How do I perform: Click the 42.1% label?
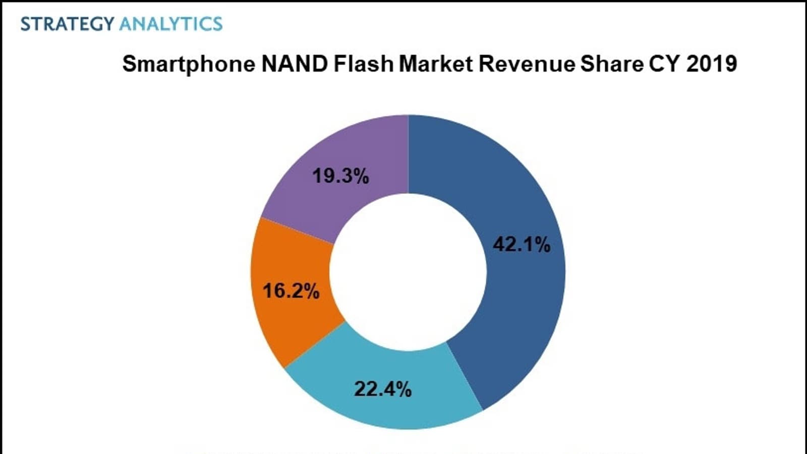click(522, 245)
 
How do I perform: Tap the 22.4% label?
click(383, 389)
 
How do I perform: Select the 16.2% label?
click(291, 291)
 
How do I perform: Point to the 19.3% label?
click(340, 176)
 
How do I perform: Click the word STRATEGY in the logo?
click(67, 24)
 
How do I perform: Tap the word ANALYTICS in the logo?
click(171, 24)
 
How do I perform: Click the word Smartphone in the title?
click(189, 64)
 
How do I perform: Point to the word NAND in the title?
click(295, 64)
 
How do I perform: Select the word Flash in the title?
click(363, 64)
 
